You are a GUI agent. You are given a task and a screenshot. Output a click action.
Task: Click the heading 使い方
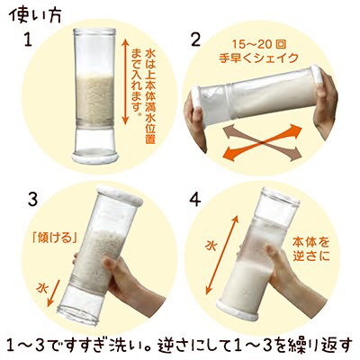[x=37, y=15]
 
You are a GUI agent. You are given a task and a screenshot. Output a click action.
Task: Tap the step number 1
[x=28, y=40]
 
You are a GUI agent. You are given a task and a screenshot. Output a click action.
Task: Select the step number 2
[x=195, y=40]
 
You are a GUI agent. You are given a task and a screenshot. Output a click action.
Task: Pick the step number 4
[x=195, y=201]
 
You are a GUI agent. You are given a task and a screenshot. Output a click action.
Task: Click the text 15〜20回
[x=258, y=44]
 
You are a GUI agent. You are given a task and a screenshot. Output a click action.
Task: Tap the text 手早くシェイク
[x=258, y=58]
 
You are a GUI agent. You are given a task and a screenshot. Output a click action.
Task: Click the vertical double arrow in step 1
[x=126, y=81]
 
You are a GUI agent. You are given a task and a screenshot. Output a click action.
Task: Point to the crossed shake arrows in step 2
[x=263, y=142]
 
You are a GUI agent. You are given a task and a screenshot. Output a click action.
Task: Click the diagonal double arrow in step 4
[x=221, y=255]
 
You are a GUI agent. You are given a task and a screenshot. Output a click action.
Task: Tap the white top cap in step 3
[x=120, y=195]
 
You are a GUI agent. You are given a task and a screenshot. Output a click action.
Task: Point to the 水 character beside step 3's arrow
[x=42, y=288]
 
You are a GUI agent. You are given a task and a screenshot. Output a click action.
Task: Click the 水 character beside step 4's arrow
[x=211, y=247]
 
